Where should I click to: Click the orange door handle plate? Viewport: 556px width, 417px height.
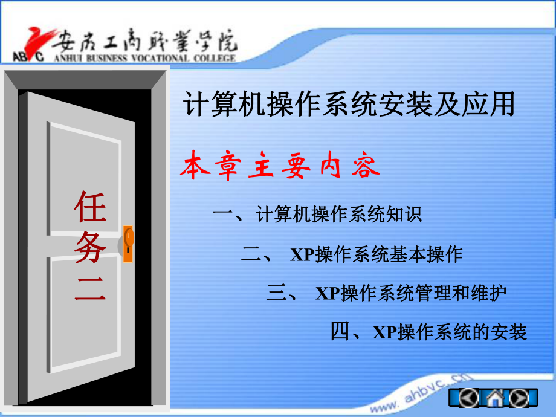(128, 243)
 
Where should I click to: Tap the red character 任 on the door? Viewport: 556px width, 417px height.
(90, 207)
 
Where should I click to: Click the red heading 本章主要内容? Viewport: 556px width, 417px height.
(280, 167)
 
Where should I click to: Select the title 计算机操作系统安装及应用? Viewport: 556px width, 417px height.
(349, 105)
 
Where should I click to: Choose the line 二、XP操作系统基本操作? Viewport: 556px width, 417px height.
(352, 254)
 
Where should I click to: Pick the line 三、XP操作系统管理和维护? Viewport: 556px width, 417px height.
(386, 294)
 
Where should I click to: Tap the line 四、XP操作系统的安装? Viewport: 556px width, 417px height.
(428, 332)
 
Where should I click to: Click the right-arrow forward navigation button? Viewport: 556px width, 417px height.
(519, 398)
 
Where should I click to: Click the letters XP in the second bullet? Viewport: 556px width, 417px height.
(302, 255)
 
